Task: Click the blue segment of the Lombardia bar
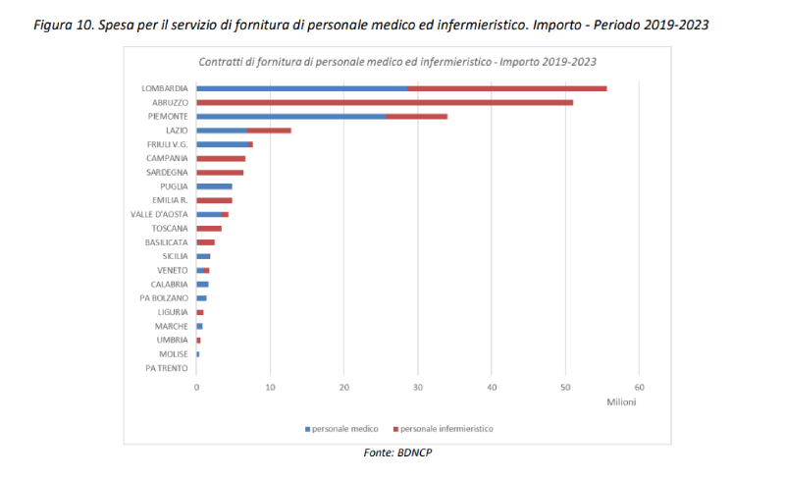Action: coord(302,88)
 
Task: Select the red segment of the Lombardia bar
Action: coord(507,88)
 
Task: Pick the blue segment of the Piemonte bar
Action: coord(291,116)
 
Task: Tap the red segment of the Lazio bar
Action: coord(269,130)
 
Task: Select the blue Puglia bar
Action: coord(214,186)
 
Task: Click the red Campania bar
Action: coord(221,158)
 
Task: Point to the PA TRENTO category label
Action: coord(167,368)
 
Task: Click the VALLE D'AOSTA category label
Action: coord(159,214)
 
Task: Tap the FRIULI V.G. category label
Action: coord(167,144)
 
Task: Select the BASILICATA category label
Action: coord(166,241)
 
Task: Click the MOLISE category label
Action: coord(173,354)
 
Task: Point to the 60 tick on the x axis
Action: coord(639,387)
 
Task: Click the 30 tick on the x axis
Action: coord(418,387)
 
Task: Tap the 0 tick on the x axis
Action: coord(197,387)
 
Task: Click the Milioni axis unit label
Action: coord(620,402)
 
